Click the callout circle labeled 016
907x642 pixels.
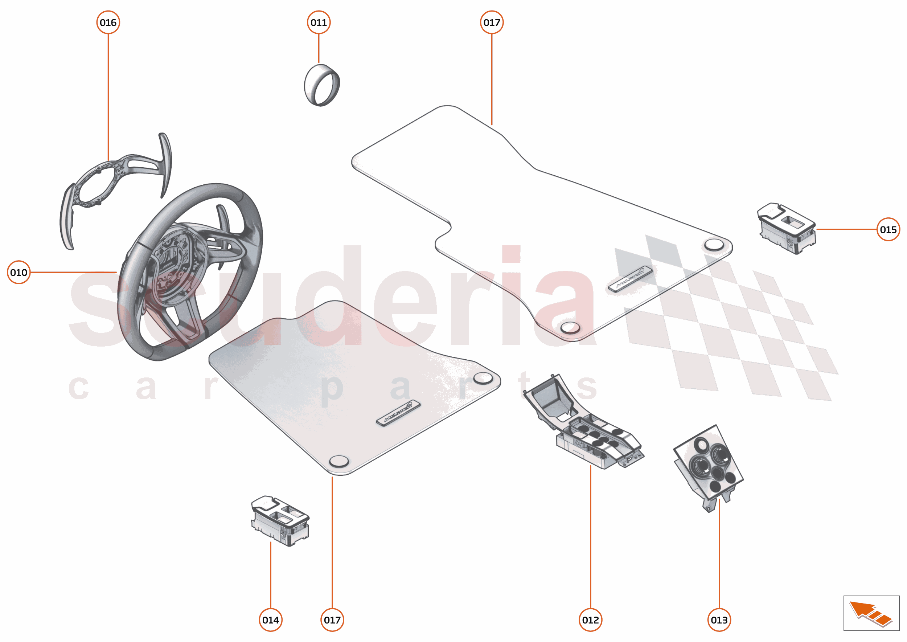click(x=108, y=23)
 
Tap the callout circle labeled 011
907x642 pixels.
click(x=319, y=23)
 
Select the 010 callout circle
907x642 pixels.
click(x=19, y=273)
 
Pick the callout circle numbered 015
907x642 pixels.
click(x=888, y=229)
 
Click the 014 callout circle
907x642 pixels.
click(x=270, y=620)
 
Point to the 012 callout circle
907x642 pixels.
click(x=590, y=620)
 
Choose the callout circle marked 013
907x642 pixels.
click(x=719, y=620)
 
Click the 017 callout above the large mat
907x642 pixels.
click(x=492, y=23)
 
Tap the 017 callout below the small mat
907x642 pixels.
click(x=332, y=620)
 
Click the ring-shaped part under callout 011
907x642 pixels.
click(x=322, y=85)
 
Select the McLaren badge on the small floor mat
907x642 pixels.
click(x=398, y=413)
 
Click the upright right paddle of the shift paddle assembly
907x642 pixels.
click(x=165, y=164)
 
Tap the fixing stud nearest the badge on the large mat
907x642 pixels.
click(x=570, y=327)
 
